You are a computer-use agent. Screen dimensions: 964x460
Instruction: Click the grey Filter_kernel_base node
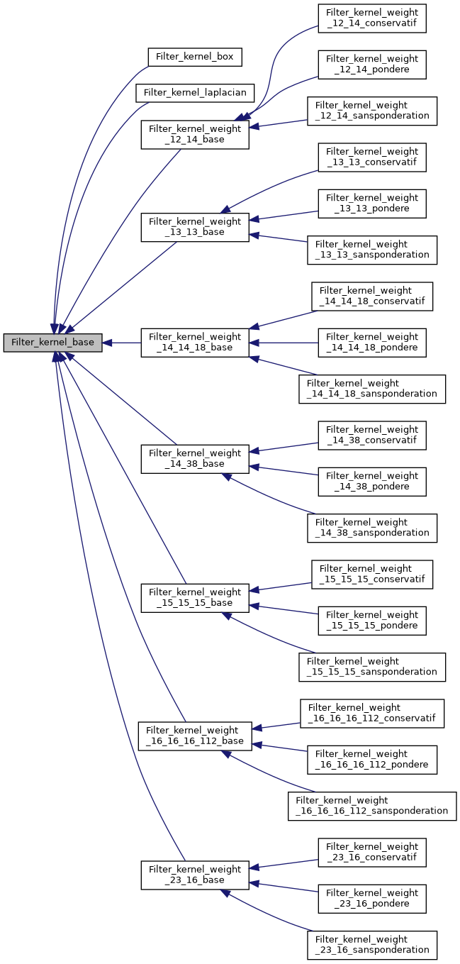(53, 343)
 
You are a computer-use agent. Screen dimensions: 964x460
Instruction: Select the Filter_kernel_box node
(195, 57)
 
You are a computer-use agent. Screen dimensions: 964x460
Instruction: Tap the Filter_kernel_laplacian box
(195, 93)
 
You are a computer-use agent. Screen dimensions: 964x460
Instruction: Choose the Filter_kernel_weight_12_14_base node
(195, 134)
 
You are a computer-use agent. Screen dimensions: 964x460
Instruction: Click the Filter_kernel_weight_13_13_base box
(195, 226)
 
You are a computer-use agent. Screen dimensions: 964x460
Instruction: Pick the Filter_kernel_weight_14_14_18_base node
(195, 343)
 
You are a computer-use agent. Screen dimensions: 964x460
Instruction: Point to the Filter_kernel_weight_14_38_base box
(195, 458)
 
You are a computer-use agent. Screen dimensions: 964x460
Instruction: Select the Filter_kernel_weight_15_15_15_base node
(195, 597)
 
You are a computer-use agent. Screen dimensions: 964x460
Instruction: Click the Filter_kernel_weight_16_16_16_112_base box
(195, 736)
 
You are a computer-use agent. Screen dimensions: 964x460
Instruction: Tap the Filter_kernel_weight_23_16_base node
(195, 875)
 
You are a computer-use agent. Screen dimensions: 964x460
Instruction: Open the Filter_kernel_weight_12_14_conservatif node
(372, 18)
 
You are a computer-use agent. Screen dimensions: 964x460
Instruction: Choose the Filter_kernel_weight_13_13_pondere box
(372, 204)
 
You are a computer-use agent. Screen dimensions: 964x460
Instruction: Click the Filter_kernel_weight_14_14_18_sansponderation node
(372, 389)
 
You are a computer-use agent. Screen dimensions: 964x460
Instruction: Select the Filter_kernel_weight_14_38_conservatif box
(372, 435)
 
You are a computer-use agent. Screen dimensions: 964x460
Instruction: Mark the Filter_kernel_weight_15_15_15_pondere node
(372, 620)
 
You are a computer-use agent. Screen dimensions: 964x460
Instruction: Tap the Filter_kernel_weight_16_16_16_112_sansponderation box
(372, 805)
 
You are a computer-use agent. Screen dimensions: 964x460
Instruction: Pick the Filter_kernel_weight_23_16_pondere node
(372, 898)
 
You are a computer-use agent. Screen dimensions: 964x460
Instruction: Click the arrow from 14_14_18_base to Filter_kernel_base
(122, 343)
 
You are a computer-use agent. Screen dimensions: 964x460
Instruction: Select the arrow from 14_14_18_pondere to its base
(284, 343)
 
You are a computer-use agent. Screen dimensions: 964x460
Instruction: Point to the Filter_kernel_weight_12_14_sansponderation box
(372, 111)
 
